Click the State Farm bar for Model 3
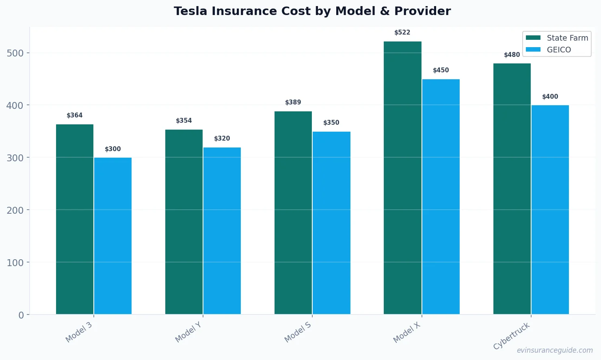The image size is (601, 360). (75, 219)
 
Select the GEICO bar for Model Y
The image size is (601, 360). (222, 231)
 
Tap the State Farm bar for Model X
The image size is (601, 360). (402, 178)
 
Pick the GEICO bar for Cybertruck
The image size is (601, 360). (550, 210)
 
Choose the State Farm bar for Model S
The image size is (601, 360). (293, 213)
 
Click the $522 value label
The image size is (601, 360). (402, 33)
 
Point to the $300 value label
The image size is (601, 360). (113, 149)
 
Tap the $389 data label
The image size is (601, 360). (293, 102)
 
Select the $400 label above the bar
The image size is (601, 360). (550, 97)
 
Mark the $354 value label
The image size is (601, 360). (184, 121)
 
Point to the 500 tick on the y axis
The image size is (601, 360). (15, 53)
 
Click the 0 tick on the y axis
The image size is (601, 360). (21, 315)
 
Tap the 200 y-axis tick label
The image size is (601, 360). (15, 210)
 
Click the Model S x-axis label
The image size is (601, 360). (298, 332)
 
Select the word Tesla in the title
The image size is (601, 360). (190, 11)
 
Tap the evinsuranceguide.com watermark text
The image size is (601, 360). (555, 350)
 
